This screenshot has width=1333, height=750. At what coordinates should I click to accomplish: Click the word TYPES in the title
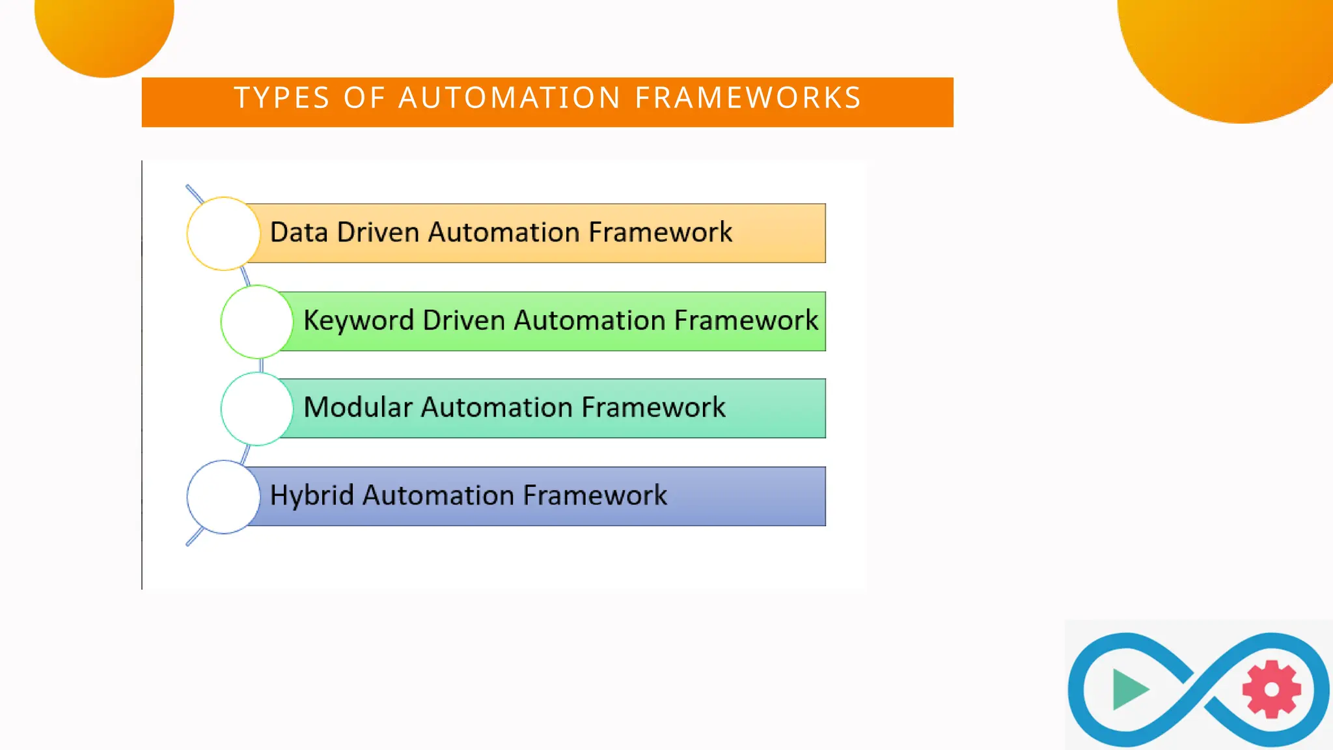(x=282, y=98)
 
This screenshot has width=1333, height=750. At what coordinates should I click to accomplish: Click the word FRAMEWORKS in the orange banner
(x=748, y=98)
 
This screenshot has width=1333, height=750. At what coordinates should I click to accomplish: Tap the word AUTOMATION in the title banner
(x=509, y=98)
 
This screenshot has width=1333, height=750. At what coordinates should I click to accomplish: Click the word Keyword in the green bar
(x=359, y=321)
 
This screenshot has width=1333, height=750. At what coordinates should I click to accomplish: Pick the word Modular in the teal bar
(x=358, y=408)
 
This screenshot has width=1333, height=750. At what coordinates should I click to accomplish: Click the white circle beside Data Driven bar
(x=224, y=234)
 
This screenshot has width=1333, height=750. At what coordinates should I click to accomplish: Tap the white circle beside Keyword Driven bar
(x=257, y=322)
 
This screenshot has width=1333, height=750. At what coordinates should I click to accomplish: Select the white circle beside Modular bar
(x=257, y=409)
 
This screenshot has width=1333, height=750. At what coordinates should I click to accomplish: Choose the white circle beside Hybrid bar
(x=224, y=497)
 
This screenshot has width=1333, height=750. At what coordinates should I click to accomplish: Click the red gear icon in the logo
(x=1271, y=689)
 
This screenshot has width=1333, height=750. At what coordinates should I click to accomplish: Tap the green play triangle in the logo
(x=1128, y=689)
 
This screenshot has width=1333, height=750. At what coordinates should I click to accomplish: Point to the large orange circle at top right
(x=1230, y=52)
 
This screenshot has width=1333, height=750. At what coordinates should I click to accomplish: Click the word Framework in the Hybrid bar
(x=595, y=495)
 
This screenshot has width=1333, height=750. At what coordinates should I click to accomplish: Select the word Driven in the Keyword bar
(x=464, y=321)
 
